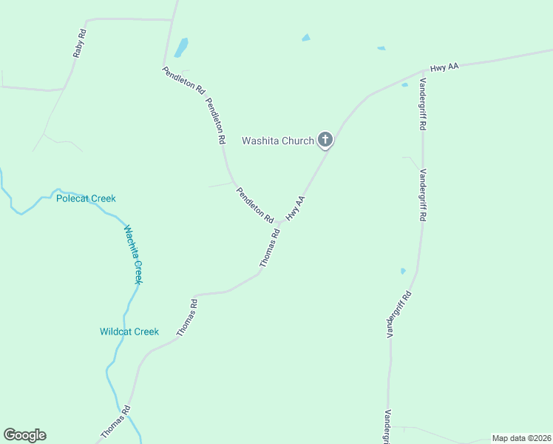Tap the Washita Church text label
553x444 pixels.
(278, 141)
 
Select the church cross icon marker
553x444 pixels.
(325, 138)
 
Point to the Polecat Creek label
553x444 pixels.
(86, 198)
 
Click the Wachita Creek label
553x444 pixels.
(133, 254)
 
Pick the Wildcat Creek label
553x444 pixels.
(129, 332)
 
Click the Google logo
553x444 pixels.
(24, 435)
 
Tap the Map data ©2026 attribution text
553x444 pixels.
(521, 438)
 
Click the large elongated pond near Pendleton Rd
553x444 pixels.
(180, 47)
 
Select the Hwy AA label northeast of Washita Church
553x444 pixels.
(444, 67)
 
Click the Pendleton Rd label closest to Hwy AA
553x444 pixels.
(255, 205)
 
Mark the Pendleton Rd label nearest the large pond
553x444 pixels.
(183, 78)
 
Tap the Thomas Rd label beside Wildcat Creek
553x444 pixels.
(187, 318)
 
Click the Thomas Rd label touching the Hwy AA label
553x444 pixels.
(270, 248)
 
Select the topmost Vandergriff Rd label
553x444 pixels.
(422, 104)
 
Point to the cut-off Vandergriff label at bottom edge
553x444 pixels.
(387, 428)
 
